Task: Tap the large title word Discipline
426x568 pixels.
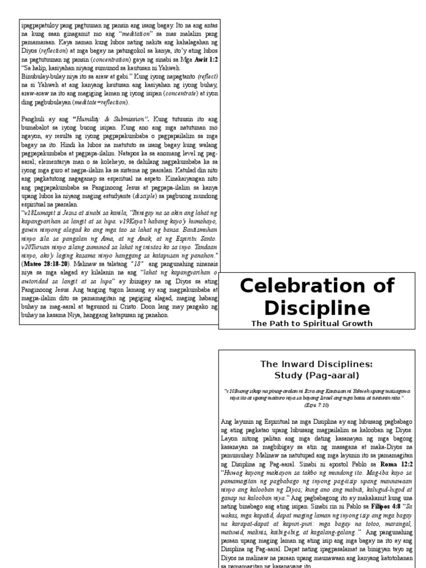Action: click(317, 308)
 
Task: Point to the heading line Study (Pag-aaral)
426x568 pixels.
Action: click(317, 375)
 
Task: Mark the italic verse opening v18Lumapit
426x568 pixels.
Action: click(41, 212)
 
